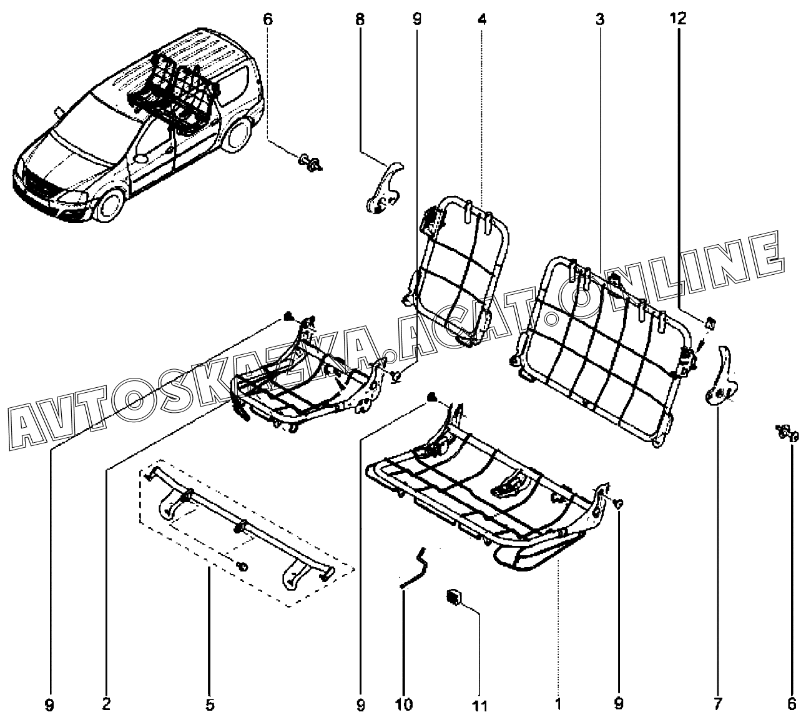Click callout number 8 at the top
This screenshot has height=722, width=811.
coord(360,19)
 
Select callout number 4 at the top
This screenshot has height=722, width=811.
coord(482,19)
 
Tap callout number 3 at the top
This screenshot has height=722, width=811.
coord(599,19)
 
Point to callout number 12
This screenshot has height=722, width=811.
coord(679,19)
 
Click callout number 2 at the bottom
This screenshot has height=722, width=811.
coord(106,705)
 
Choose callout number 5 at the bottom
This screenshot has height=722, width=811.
coord(210,705)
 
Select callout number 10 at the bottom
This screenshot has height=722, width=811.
coord(403,705)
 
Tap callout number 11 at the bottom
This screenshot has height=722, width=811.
coord(479,706)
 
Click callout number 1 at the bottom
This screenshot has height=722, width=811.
coord(558,705)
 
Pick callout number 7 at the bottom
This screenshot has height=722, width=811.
coord(717,705)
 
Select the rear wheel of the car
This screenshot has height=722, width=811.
coord(237,136)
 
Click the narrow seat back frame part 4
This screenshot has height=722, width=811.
coord(463,272)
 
